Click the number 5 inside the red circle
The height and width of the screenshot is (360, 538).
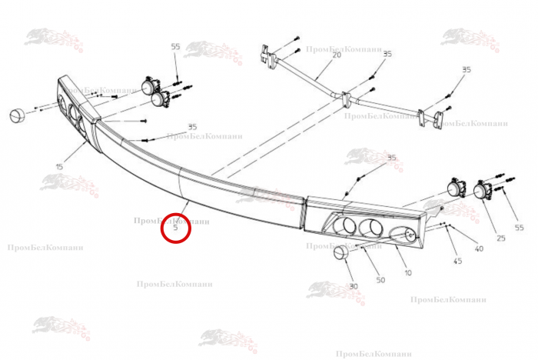pos(176,228)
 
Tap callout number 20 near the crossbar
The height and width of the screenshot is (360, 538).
pos(337,55)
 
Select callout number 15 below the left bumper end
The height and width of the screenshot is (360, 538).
pos(59,167)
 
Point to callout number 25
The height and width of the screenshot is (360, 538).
pos(501,238)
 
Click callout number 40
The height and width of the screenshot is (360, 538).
pos(479,248)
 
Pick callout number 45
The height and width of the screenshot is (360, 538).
pos(458,261)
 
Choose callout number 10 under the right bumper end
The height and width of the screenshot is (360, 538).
pos(408,273)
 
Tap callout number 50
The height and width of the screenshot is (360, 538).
pos(380,280)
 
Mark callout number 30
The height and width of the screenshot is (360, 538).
pos(354,286)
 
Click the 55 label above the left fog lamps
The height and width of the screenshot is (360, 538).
pos(175,46)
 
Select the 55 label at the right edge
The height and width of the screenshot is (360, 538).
pos(519,228)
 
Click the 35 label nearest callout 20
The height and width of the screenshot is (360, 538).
pos(387,54)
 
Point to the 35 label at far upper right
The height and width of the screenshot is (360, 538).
pos(467,70)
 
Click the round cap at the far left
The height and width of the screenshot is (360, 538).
pos(17,115)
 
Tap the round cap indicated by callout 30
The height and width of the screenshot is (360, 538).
pos(341,254)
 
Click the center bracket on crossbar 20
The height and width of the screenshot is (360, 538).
pos(346,99)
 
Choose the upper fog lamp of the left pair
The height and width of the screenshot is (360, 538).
pos(150,85)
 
